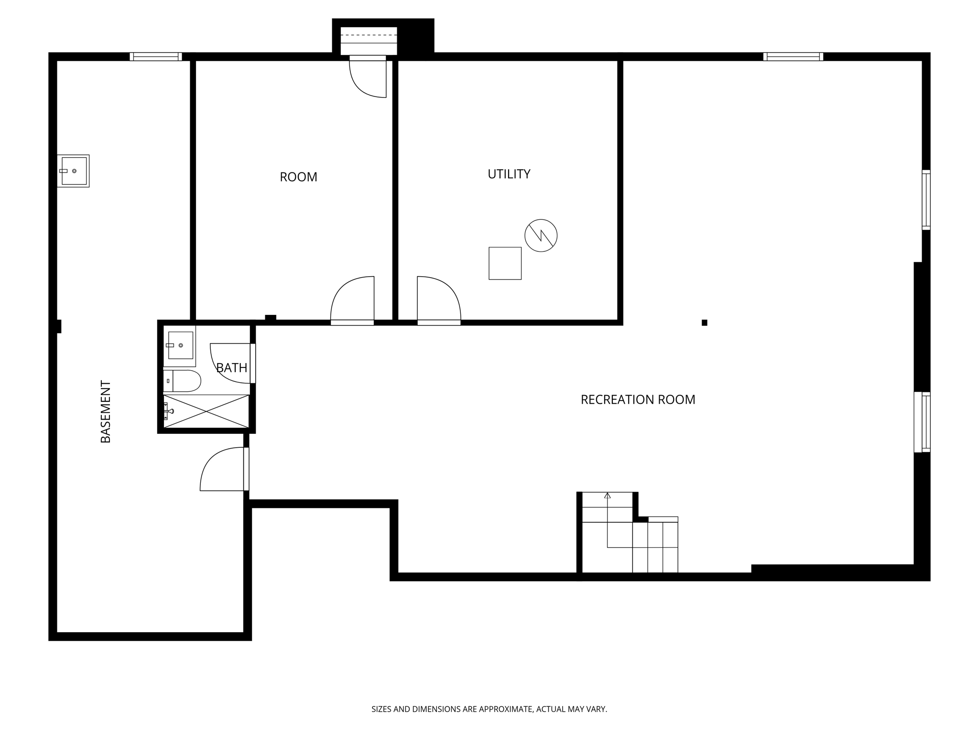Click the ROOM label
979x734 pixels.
pyautogui.click(x=298, y=177)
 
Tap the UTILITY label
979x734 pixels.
pyautogui.click(x=509, y=174)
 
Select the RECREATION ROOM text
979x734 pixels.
pyautogui.click(x=638, y=399)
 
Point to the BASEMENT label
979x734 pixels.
pyautogui.click(x=106, y=411)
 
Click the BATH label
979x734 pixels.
pyautogui.click(x=232, y=367)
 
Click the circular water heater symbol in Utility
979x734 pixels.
pyautogui.click(x=541, y=236)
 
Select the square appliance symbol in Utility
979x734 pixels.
pyautogui.click(x=505, y=263)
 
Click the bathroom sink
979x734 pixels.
pyautogui.click(x=180, y=345)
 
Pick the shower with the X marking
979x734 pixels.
pyautogui.click(x=207, y=411)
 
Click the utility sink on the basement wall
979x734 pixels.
pyautogui.click(x=73, y=171)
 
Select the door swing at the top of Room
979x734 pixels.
pyautogui.click(x=368, y=78)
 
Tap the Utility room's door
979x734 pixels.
pyautogui.click(x=438, y=299)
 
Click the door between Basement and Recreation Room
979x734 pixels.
pyautogui.click(x=223, y=469)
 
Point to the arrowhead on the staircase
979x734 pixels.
pyautogui.click(x=607, y=496)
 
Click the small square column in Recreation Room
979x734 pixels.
pyautogui.click(x=704, y=323)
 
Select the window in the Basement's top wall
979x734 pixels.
pyautogui.click(x=156, y=56)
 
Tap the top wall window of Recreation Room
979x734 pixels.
pyautogui.click(x=793, y=56)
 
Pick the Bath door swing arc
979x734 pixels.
pyautogui.click(x=229, y=363)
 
